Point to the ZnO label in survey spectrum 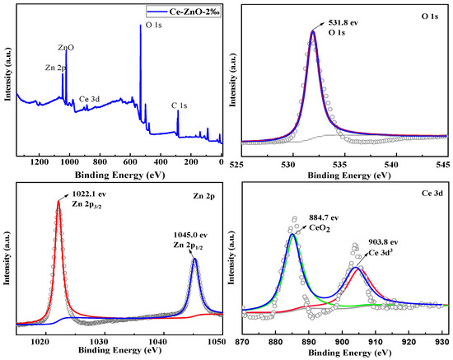click(66, 49)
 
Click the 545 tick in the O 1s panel click(441, 163)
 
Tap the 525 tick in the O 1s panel click(241, 163)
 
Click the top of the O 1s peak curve click(313, 31)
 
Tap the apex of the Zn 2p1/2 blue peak click(194, 259)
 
